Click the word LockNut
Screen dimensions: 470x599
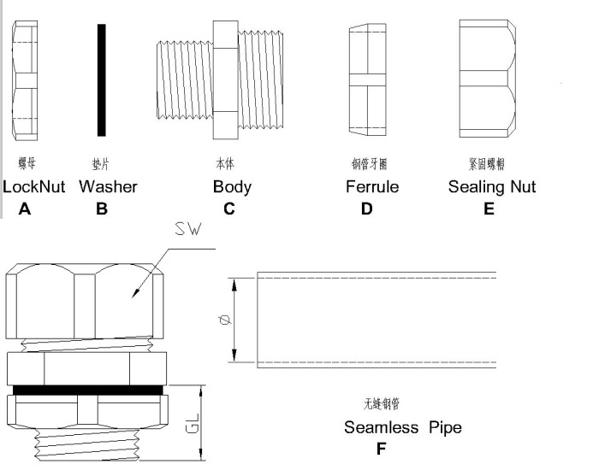[34, 186]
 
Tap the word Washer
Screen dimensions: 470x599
[108, 186]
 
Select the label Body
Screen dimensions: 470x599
[232, 186]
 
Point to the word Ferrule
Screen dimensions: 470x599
[372, 186]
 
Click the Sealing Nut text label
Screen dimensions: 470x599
[492, 186]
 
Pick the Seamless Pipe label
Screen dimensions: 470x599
[403, 427]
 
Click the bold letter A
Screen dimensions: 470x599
[25, 209]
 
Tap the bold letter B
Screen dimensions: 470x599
[102, 209]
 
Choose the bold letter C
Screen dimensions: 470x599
[228, 209]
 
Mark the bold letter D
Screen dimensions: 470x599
[367, 209]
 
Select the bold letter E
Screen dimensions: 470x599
[489, 209]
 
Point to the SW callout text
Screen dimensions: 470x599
[187, 229]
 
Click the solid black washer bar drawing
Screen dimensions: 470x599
[102, 79]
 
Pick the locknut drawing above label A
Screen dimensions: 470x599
[27, 83]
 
